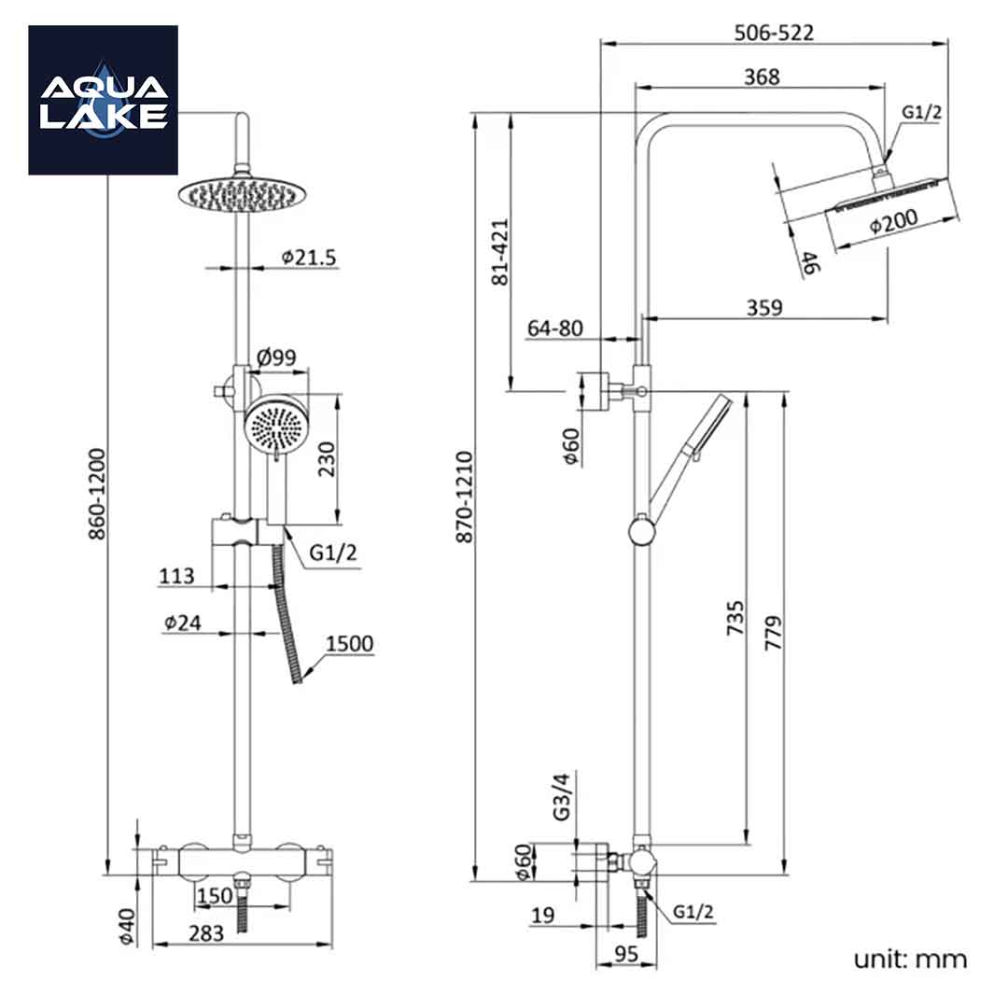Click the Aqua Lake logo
click(x=103, y=100)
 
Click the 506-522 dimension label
click(x=774, y=33)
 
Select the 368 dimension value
click(x=762, y=77)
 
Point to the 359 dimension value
click(x=763, y=307)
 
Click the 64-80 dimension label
click(x=554, y=329)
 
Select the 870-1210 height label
click(x=465, y=497)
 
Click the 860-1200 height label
click(x=97, y=494)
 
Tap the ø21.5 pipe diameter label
click(x=308, y=257)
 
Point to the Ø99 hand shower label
click(x=276, y=357)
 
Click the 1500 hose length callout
click(x=350, y=644)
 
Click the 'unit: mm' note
click(x=910, y=959)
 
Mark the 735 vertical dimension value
click(x=735, y=619)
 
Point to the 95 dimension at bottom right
click(x=626, y=954)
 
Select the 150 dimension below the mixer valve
click(x=215, y=896)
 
